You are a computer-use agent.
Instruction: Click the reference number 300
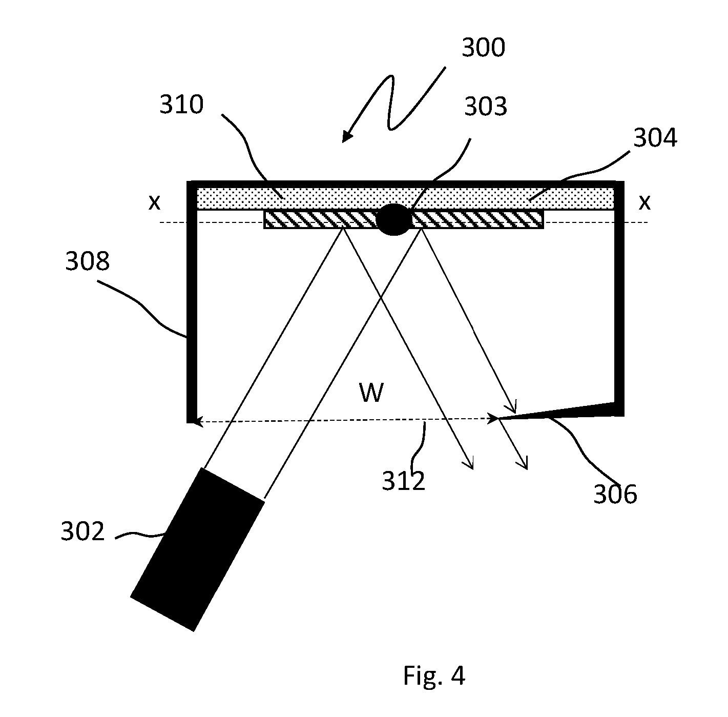coord(483,48)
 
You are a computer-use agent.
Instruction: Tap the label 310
coord(181,105)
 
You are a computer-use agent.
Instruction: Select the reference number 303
coord(486,106)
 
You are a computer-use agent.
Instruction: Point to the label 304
coord(655,137)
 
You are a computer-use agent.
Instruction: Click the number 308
coord(87,261)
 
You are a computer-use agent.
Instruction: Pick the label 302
coord(82,531)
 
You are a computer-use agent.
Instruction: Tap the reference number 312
coord(404,481)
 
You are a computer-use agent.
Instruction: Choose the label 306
coord(615,494)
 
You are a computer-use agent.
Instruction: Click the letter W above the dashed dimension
coord(372,393)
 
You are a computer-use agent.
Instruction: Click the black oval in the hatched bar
coord(393,219)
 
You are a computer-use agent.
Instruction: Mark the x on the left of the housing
coord(154,202)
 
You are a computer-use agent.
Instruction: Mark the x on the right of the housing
coord(644,202)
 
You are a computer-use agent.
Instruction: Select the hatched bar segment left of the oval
coord(320,219)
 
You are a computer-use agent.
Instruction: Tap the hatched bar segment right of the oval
coord(477,219)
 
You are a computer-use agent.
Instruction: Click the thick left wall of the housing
coord(192,302)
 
